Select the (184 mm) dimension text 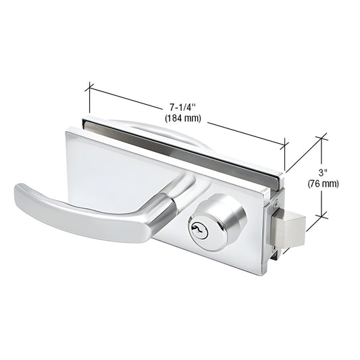184,118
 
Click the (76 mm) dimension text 323,183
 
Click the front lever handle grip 74,206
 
